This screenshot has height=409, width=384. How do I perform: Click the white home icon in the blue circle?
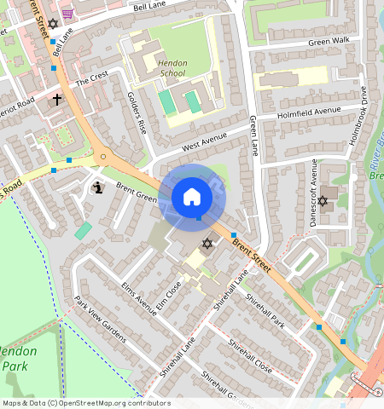point(192,197)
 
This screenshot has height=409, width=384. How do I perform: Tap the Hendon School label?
point(172,68)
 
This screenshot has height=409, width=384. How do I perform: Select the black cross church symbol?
point(57,100)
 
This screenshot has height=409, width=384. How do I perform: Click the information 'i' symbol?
point(97,187)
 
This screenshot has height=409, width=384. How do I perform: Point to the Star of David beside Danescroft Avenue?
point(323,201)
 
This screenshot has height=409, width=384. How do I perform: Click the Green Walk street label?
point(329,41)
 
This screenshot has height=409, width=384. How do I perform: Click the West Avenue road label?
point(201,142)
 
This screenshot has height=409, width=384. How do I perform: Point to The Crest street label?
point(92,78)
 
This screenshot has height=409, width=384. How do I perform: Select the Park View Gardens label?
point(101,319)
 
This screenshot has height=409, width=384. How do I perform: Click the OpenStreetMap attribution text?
point(86,403)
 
